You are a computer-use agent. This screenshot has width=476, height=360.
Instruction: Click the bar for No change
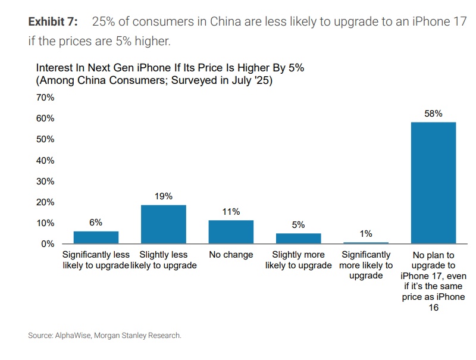pos(231,232)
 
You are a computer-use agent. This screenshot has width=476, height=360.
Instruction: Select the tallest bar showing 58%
pos(433,183)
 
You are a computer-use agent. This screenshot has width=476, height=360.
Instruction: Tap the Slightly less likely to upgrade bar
pos(164,224)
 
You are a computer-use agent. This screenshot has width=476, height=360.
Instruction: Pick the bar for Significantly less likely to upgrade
pos(96,237)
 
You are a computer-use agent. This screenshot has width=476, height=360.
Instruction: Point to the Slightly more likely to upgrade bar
pos(298,238)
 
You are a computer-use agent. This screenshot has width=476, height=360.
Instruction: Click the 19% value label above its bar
pos(164,196)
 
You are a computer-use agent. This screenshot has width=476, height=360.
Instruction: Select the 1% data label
pos(366,234)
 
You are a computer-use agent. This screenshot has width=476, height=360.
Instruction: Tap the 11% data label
pos(231,211)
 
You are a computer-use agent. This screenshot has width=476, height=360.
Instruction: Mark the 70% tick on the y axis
pos(45,98)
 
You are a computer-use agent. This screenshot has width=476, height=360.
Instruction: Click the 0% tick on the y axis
pos(48,244)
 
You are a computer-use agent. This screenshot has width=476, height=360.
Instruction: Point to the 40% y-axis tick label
pos(45,161)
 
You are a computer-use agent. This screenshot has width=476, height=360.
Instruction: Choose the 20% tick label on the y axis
pos(45,202)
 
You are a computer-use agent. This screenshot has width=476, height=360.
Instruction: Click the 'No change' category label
pos(231,255)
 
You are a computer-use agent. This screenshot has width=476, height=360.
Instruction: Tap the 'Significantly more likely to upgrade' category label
pos(366,265)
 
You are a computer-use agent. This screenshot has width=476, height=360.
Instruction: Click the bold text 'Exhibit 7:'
pos(53,22)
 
